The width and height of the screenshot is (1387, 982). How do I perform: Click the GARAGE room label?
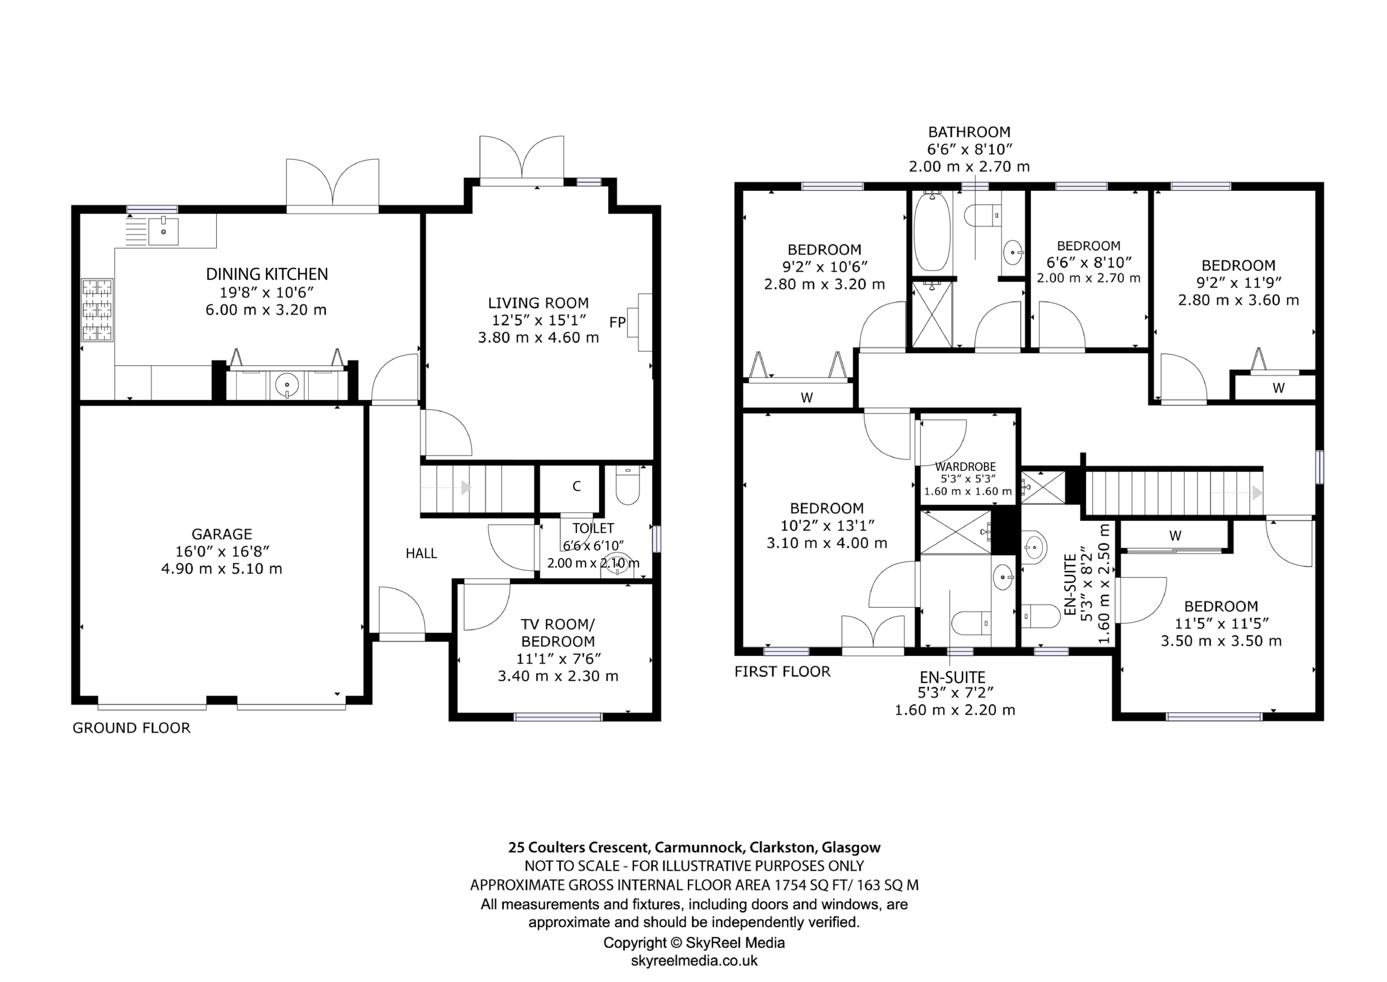pyautogui.click(x=222, y=534)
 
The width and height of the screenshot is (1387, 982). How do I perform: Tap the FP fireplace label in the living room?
pyautogui.click(x=617, y=322)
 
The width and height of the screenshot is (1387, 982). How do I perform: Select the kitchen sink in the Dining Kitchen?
pyautogui.click(x=163, y=231)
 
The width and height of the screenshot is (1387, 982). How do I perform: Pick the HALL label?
pyautogui.click(x=421, y=553)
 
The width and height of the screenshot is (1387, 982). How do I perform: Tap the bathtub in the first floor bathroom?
pyautogui.click(x=932, y=231)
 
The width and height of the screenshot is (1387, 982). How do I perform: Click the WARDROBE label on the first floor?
pyautogui.click(x=965, y=467)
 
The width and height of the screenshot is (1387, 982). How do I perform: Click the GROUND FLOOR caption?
pyautogui.click(x=131, y=728)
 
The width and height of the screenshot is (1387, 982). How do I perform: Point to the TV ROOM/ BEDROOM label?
pyautogui.click(x=558, y=632)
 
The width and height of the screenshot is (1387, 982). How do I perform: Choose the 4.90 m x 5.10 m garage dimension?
pyautogui.click(x=222, y=569)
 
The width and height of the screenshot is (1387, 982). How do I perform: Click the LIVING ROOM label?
pyautogui.click(x=539, y=303)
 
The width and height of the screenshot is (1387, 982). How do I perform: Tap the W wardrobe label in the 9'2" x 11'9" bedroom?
pyautogui.click(x=1278, y=388)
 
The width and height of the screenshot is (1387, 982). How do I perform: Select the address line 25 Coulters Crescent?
pyautogui.click(x=694, y=848)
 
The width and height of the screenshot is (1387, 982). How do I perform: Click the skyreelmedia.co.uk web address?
pyautogui.click(x=694, y=960)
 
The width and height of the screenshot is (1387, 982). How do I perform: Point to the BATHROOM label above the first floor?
pyautogui.click(x=969, y=132)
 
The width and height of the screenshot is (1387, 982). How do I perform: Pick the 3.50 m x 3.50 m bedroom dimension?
pyautogui.click(x=1221, y=641)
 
